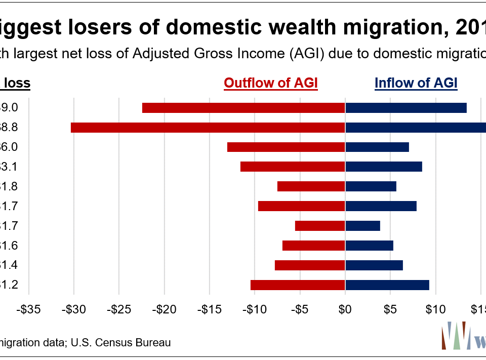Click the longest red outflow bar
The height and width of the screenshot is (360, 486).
click(x=208, y=128)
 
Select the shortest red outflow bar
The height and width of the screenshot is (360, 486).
click(x=320, y=226)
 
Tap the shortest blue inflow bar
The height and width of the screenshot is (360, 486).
click(x=362, y=226)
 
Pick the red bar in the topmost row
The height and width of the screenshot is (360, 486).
click(x=244, y=108)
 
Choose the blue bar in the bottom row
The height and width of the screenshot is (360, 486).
click(x=387, y=285)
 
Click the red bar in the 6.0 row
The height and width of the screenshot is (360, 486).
click(x=286, y=147)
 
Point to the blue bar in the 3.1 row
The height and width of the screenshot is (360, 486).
click(x=384, y=167)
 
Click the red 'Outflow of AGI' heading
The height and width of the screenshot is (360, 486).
click(x=271, y=84)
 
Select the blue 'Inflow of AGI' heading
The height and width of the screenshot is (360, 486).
click(x=416, y=84)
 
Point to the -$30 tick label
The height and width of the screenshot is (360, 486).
click(x=74, y=308)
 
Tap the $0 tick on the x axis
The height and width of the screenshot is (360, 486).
click(x=345, y=308)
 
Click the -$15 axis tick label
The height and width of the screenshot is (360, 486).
click(x=210, y=308)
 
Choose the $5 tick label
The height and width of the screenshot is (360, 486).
click(x=390, y=308)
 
